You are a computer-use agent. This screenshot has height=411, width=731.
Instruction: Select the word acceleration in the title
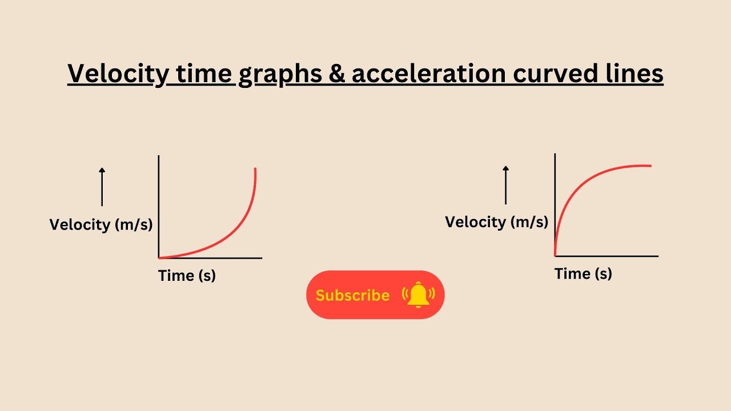(428, 74)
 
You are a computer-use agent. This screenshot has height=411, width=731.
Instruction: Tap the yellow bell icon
(419, 295)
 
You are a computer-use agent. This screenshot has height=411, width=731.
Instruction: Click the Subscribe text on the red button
(352, 295)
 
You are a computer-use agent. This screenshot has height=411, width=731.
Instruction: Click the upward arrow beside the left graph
(102, 187)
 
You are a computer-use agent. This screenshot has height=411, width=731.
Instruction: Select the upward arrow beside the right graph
(505, 184)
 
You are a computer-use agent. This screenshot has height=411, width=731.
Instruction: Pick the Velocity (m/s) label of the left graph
(101, 224)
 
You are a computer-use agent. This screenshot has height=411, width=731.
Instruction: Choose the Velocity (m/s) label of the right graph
(496, 221)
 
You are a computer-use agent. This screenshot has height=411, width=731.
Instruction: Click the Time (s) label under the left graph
(187, 276)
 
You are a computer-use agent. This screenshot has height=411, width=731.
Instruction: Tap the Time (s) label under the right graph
(583, 273)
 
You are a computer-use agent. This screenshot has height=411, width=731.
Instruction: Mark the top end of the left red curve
(255, 169)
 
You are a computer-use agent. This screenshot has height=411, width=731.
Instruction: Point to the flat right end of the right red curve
(650, 166)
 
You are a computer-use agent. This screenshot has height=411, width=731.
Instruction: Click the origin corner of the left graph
(159, 258)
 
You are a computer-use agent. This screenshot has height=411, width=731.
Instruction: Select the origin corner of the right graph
(555, 256)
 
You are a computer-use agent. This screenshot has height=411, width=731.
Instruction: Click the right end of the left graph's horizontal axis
(261, 258)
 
